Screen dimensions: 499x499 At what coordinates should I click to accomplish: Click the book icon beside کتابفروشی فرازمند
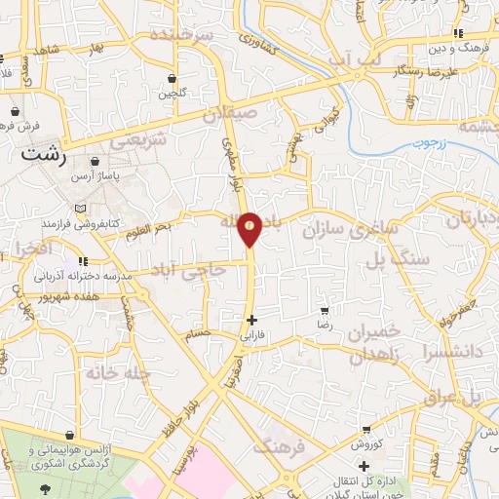point(79,210)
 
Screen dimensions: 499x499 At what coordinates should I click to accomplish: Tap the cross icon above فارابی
point(252,319)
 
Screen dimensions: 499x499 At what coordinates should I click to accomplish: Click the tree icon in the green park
point(42,488)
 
